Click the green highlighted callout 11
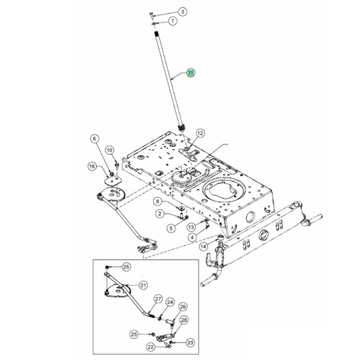[x=191, y=73]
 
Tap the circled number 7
[x=172, y=21]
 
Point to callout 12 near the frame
[x=200, y=133]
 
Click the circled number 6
[x=94, y=138]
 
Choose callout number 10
[x=109, y=150]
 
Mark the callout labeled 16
[x=92, y=166]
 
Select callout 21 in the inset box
[x=143, y=284]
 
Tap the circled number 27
[x=158, y=299]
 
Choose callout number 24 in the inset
[x=170, y=302]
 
